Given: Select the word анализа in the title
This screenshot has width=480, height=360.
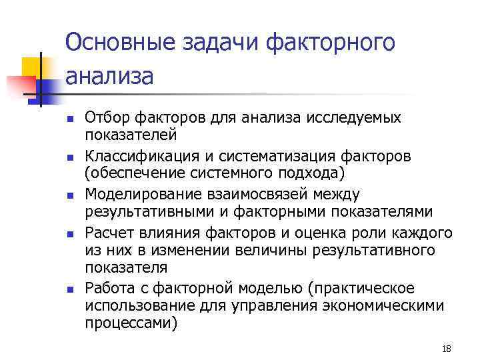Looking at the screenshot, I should click(109, 75).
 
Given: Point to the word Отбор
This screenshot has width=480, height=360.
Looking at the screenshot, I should click(106, 118).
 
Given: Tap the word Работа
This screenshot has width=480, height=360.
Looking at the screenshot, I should click(108, 289).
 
